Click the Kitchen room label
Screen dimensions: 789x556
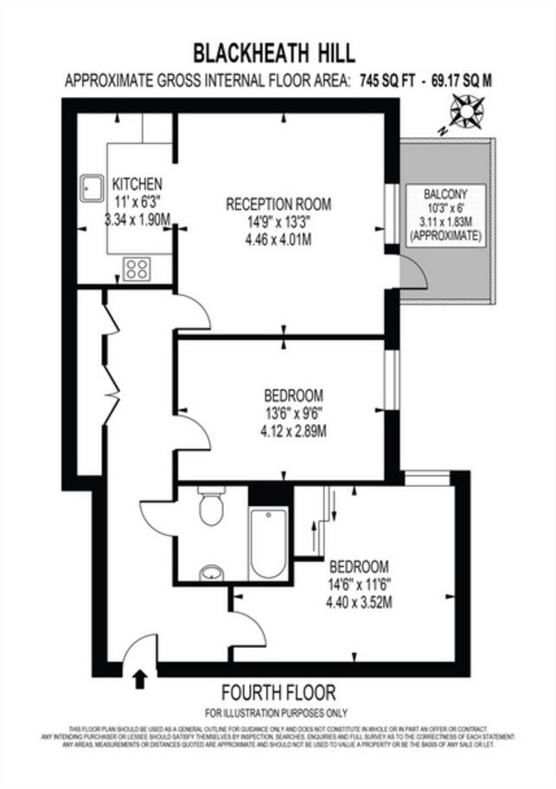click(137, 184)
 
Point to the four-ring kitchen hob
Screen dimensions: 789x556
click(137, 268)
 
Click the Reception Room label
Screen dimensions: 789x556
click(278, 204)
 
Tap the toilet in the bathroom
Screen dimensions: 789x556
click(210, 509)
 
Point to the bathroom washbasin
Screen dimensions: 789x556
click(210, 572)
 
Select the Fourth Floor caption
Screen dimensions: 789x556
click(278, 692)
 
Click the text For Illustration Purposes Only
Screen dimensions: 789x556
click(277, 713)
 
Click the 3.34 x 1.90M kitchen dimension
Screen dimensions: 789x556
click(137, 220)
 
